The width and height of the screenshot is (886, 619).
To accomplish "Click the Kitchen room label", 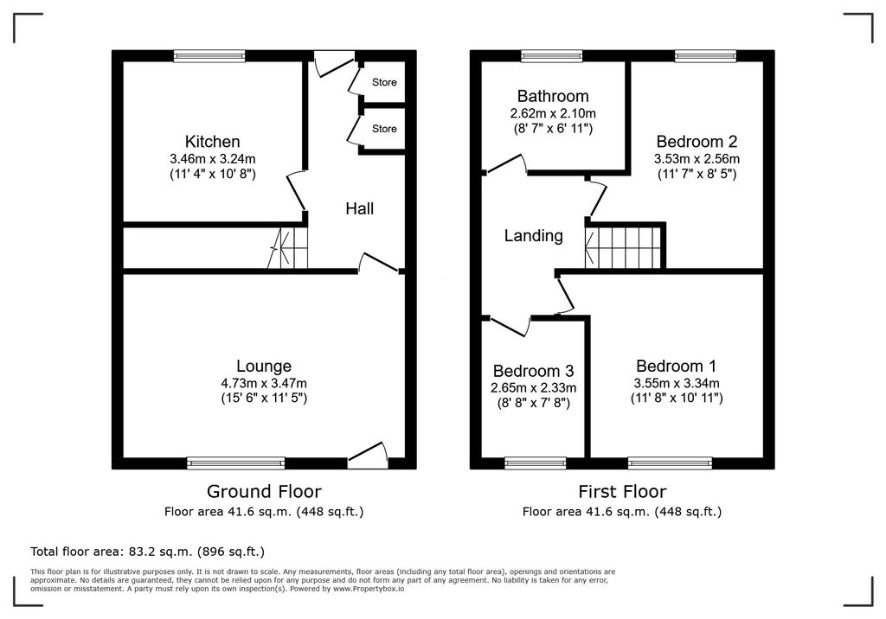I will pos(212,142).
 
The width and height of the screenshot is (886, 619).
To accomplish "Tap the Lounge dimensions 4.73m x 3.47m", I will pos(264,383).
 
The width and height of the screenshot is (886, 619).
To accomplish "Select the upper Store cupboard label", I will pos(384,83).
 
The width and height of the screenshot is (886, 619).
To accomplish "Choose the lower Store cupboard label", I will pos(384,129).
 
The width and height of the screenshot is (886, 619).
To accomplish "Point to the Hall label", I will pos(359,208).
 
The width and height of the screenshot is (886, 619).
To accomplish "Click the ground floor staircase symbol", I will pos(288,250).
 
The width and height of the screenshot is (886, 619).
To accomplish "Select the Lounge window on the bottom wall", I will pos(236,463).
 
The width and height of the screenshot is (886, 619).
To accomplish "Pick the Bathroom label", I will pos(553,96).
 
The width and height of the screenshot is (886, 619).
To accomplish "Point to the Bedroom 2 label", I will pos(697,142).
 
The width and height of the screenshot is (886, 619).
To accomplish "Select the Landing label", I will pos(534,235).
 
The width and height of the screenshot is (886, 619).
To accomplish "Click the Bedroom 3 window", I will pos(535,463).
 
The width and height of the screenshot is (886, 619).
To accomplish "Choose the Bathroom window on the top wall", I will pos(551,56).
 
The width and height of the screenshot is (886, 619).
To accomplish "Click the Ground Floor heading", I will pos(264,492).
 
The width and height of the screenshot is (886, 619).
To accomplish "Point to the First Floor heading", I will pos(622,492).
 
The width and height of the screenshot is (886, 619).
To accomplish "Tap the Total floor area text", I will pos(147,551).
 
